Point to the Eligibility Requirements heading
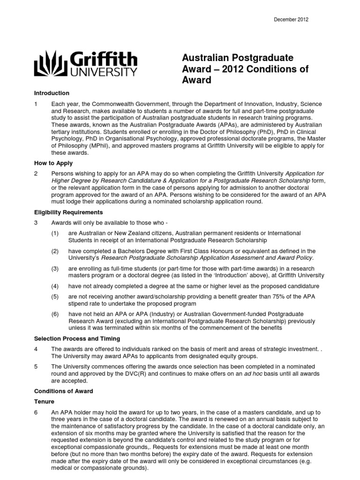(66, 212)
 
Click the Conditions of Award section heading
(63, 391)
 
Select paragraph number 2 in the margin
(36, 173)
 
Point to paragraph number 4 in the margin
(36, 349)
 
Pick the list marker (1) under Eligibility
(55, 233)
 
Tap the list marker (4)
(55, 286)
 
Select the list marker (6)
(55, 314)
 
